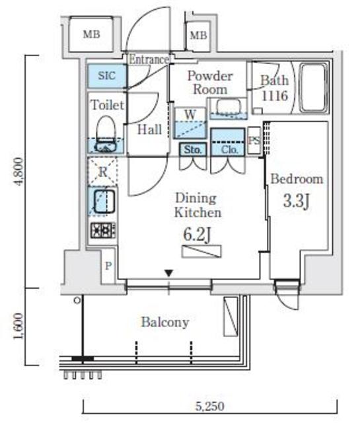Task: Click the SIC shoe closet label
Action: tap(107, 76)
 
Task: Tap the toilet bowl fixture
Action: tap(106, 134)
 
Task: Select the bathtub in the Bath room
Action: tap(313, 87)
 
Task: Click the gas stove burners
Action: tap(103, 230)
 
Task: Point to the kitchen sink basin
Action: tap(104, 202)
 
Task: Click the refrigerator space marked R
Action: tap(103, 171)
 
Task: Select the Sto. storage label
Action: tap(193, 149)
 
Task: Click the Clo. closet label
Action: tap(229, 150)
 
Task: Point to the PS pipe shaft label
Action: tap(254, 141)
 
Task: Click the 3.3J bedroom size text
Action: tap(296, 200)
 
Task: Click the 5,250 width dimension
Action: tap(209, 406)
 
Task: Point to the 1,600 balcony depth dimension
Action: tap(19, 326)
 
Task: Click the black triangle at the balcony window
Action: tap(169, 273)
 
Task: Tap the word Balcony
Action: tap(165, 322)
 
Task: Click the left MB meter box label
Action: tap(91, 34)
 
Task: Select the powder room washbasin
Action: tap(229, 107)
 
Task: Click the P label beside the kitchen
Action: tap(108, 266)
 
